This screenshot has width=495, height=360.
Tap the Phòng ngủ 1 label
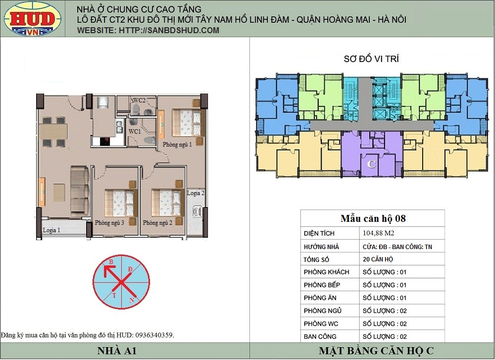177,145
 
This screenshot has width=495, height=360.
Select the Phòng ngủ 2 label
157,223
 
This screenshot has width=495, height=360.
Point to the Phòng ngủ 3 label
109,223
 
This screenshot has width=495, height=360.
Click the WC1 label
135,131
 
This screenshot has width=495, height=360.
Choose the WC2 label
139,101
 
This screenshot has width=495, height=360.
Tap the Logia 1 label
51,230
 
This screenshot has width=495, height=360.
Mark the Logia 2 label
196,193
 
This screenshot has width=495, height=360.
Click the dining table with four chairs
53,132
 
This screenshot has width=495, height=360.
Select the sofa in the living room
80,190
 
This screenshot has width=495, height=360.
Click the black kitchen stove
105,141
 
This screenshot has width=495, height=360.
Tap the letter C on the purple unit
372,164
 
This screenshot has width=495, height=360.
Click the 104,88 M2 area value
379,233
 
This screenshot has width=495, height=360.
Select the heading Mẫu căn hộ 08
373,218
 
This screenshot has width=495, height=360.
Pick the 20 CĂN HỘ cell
378,259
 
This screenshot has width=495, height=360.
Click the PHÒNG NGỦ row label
323,311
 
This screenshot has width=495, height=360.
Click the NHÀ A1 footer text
117,351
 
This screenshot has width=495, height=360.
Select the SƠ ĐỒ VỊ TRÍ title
371,59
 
